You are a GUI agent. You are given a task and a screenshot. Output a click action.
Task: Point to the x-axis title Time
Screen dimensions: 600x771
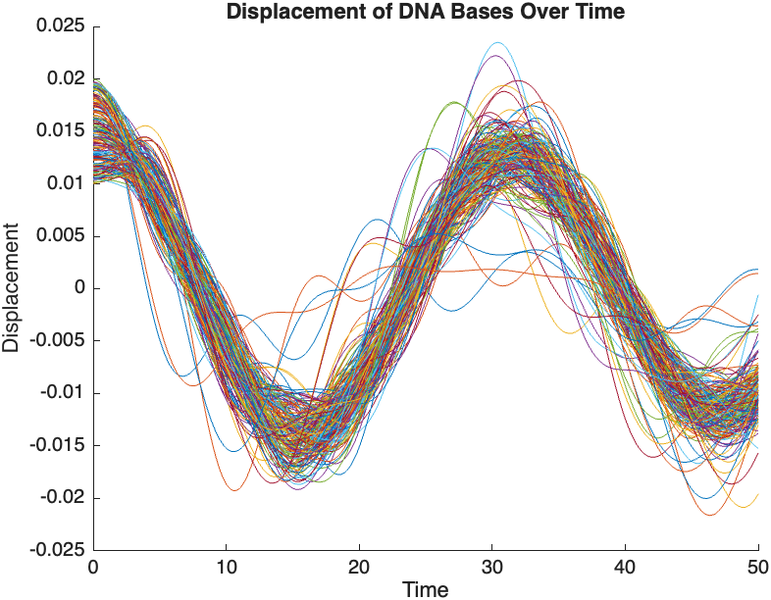(x=426, y=589)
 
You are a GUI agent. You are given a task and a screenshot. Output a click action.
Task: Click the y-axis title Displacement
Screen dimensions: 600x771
(x=11, y=288)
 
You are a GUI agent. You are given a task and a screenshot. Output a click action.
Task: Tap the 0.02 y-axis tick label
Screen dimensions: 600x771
(x=65, y=79)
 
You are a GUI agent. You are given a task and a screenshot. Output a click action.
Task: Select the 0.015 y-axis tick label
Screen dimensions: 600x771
(x=60, y=131)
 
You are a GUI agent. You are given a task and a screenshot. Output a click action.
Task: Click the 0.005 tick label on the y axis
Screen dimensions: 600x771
(x=60, y=236)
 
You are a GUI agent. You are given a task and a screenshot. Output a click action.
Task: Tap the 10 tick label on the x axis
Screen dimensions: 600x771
(x=227, y=567)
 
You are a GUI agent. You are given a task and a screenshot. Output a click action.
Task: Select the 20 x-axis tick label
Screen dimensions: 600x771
(x=360, y=567)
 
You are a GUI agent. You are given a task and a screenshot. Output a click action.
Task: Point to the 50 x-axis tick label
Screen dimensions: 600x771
(x=758, y=567)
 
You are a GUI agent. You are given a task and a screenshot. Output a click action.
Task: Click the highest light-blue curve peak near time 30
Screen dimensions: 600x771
(x=498, y=43)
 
